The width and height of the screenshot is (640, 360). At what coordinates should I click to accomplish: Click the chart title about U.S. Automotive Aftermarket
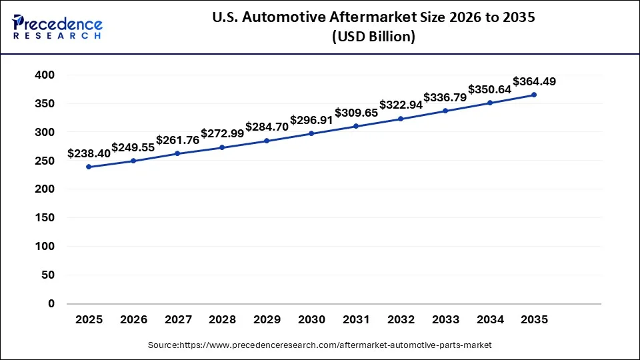point(373,18)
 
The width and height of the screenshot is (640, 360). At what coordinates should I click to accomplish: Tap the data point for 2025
point(89,167)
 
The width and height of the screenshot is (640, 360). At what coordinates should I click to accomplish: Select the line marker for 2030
point(312,133)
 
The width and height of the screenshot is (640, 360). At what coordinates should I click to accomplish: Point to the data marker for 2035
point(534,95)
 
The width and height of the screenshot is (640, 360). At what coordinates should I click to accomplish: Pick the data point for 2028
point(222,147)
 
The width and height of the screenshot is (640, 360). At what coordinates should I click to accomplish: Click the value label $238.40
point(89,154)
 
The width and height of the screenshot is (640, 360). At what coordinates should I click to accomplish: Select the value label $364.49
point(534,82)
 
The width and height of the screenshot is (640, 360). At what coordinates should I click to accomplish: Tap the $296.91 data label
point(311,121)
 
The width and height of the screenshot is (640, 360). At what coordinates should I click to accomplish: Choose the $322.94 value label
point(401,105)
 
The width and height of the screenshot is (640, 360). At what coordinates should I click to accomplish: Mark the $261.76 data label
point(177,141)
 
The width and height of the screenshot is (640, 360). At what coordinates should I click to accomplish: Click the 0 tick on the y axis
point(51,303)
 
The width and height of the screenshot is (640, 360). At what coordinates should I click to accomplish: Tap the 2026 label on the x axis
point(133,320)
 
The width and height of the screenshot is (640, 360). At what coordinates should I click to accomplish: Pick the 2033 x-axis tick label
point(445,320)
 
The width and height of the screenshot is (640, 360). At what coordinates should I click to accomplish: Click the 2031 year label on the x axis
point(356,320)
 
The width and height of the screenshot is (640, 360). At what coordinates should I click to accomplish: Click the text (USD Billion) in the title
point(373,37)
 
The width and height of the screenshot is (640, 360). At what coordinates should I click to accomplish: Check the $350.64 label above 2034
point(489,89)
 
